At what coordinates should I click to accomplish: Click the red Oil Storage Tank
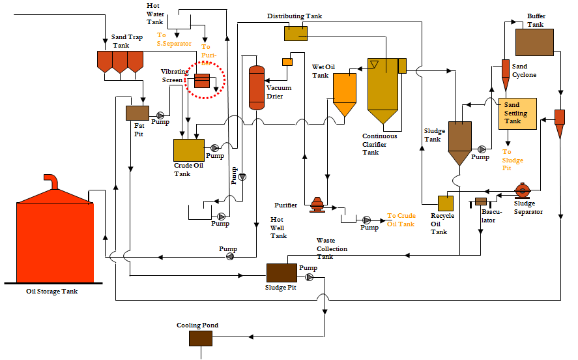coord(55,238)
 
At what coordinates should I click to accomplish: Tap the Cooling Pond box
coord(200,338)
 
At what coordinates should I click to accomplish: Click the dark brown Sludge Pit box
coord(282,273)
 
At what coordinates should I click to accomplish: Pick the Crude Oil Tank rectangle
coord(188,151)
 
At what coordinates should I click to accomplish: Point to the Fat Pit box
coord(137,113)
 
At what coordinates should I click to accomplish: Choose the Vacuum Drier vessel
coord(257,87)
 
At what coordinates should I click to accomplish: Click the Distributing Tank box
coord(296,33)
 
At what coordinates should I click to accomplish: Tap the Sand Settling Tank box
coord(517,114)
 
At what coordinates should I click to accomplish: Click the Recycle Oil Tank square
coord(446,203)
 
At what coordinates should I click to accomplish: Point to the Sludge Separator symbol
coord(522,190)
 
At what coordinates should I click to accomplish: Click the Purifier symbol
coord(317,205)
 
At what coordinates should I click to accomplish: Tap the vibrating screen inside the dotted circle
coord(201,81)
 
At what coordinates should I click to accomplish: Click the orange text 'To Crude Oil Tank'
coord(401,220)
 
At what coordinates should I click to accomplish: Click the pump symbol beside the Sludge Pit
coord(309,277)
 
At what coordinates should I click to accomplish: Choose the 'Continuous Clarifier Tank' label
coord(379,144)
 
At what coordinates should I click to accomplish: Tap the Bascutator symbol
coord(481,202)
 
